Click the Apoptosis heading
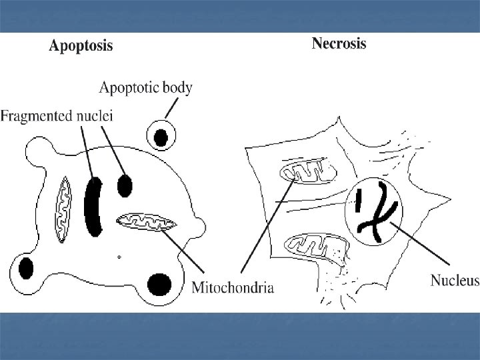(x=81, y=46)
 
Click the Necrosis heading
(x=339, y=44)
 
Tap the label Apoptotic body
(x=145, y=87)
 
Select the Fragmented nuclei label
(x=57, y=115)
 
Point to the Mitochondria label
(x=233, y=288)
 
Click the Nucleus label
(x=454, y=280)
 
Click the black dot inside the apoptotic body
(x=161, y=137)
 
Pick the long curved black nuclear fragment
(x=95, y=207)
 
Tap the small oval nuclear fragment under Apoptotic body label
(x=125, y=185)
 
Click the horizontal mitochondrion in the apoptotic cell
(x=147, y=221)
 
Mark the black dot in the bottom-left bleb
(x=26, y=269)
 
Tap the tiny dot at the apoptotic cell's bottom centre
(x=119, y=256)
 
